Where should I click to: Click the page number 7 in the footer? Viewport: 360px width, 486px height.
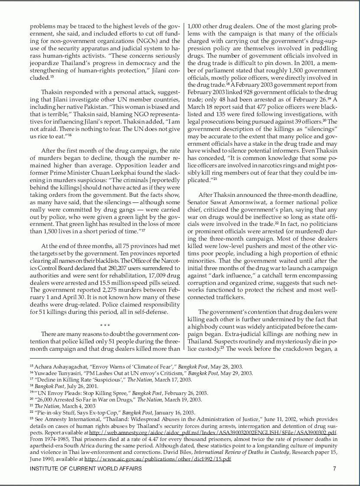click(334, 469)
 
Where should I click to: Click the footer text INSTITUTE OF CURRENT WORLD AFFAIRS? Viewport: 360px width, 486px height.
click(85, 469)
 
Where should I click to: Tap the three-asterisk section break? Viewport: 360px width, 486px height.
click(105, 326)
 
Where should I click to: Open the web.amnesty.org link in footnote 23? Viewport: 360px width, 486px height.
click(213, 433)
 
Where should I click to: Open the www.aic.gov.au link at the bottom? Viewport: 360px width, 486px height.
click(158, 459)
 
